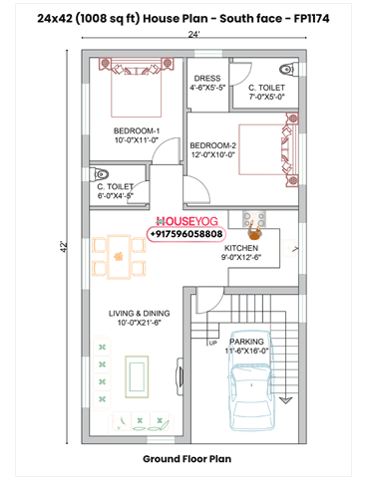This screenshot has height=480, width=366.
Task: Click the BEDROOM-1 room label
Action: pyautogui.click(x=137, y=130)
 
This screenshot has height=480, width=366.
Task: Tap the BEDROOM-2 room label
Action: pyautogui.click(x=212, y=145)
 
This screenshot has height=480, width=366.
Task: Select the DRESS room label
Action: pyautogui.click(x=207, y=79)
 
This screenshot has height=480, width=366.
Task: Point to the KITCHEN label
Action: pyautogui.click(x=241, y=248)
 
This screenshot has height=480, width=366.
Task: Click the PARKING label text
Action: pyautogui.click(x=246, y=342)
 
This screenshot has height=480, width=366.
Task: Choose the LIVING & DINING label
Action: pyautogui.click(x=139, y=314)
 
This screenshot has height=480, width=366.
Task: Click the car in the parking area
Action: pyautogui.click(x=252, y=380)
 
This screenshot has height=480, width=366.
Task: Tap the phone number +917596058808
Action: pyautogui.click(x=186, y=234)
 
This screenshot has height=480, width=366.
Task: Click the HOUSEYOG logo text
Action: pyautogui.click(x=186, y=221)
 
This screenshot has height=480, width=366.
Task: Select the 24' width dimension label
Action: pyautogui.click(x=193, y=34)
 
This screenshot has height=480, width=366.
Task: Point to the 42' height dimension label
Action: pyautogui.click(x=64, y=247)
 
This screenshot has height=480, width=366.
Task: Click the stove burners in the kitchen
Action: pyautogui.click(x=254, y=219)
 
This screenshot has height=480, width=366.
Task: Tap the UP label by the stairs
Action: pyautogui.click(x=212, y=343)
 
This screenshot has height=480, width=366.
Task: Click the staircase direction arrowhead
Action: pyautogui.click(x=285, y=400)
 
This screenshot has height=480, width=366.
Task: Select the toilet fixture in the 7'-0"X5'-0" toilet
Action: pyautogui.click(x=286, y=70)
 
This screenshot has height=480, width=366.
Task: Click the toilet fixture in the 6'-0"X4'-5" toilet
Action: pyautogui.click(x=100, y=173)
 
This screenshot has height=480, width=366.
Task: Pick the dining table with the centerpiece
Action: pyautogui.click(x=119, y=256)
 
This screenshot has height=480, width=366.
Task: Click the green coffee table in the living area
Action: pyautogui.click(x=137, y=377)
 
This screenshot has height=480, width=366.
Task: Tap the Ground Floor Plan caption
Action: pyautogui.click(x=186, y=459)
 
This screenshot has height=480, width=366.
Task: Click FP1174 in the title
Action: pyautogui.click(x=311, y=19)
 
